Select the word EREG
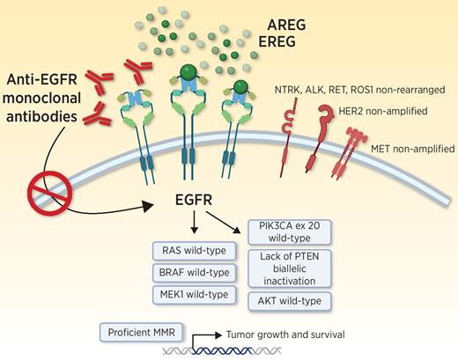275,66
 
